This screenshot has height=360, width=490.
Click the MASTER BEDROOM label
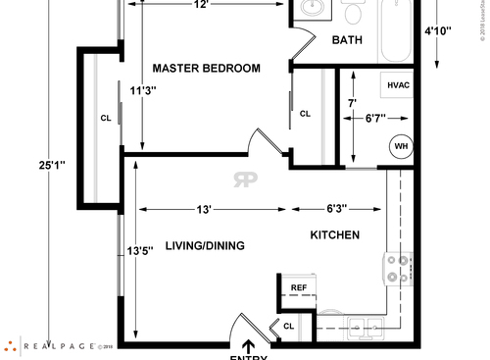[x=206, y=68]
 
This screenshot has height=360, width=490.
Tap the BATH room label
[x=347, y=40]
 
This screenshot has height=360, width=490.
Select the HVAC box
[x=398, y=86]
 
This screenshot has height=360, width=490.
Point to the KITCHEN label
[x=335, y=235]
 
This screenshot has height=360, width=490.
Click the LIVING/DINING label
[x=205, y=245]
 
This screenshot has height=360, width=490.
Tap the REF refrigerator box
[x=300, y=287]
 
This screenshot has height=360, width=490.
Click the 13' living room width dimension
[x=204, y=208]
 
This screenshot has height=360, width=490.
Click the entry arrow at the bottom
[x=249, y=345]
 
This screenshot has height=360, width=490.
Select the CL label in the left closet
[x=105, y=118]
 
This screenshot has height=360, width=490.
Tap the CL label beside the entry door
[x=289, y=326]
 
